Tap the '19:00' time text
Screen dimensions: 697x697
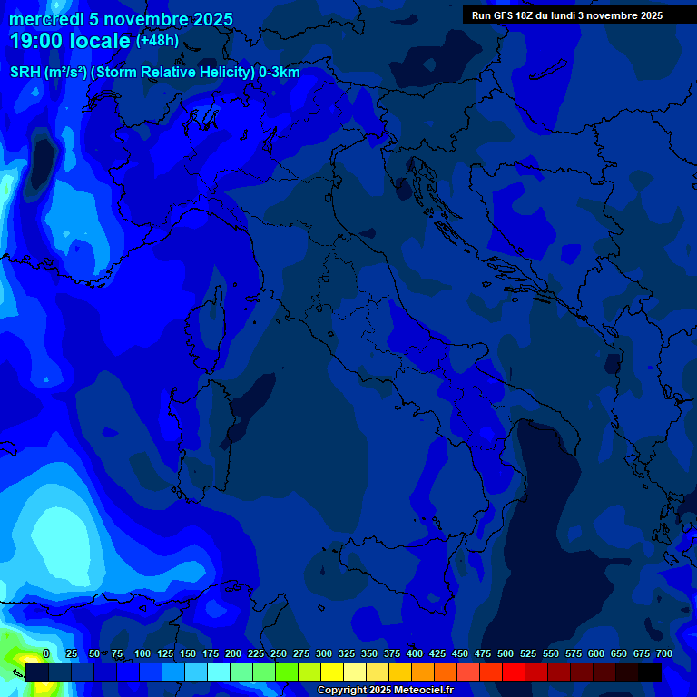[35, 42]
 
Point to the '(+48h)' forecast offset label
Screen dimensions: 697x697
[157, 41]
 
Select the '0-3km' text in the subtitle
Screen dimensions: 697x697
[279, 73]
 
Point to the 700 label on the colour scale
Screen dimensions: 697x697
[663, 653]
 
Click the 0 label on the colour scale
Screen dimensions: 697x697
[46, 653]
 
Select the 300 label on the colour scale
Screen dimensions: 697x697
[324, 653]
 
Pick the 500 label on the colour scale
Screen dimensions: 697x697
[506, 653]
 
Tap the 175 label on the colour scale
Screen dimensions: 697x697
[211, 653]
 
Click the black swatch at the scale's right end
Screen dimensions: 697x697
[650, 672]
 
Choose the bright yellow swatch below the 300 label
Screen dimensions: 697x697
[332, 672]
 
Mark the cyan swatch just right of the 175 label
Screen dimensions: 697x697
[219, 672]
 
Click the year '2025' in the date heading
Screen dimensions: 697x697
[213, 20]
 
